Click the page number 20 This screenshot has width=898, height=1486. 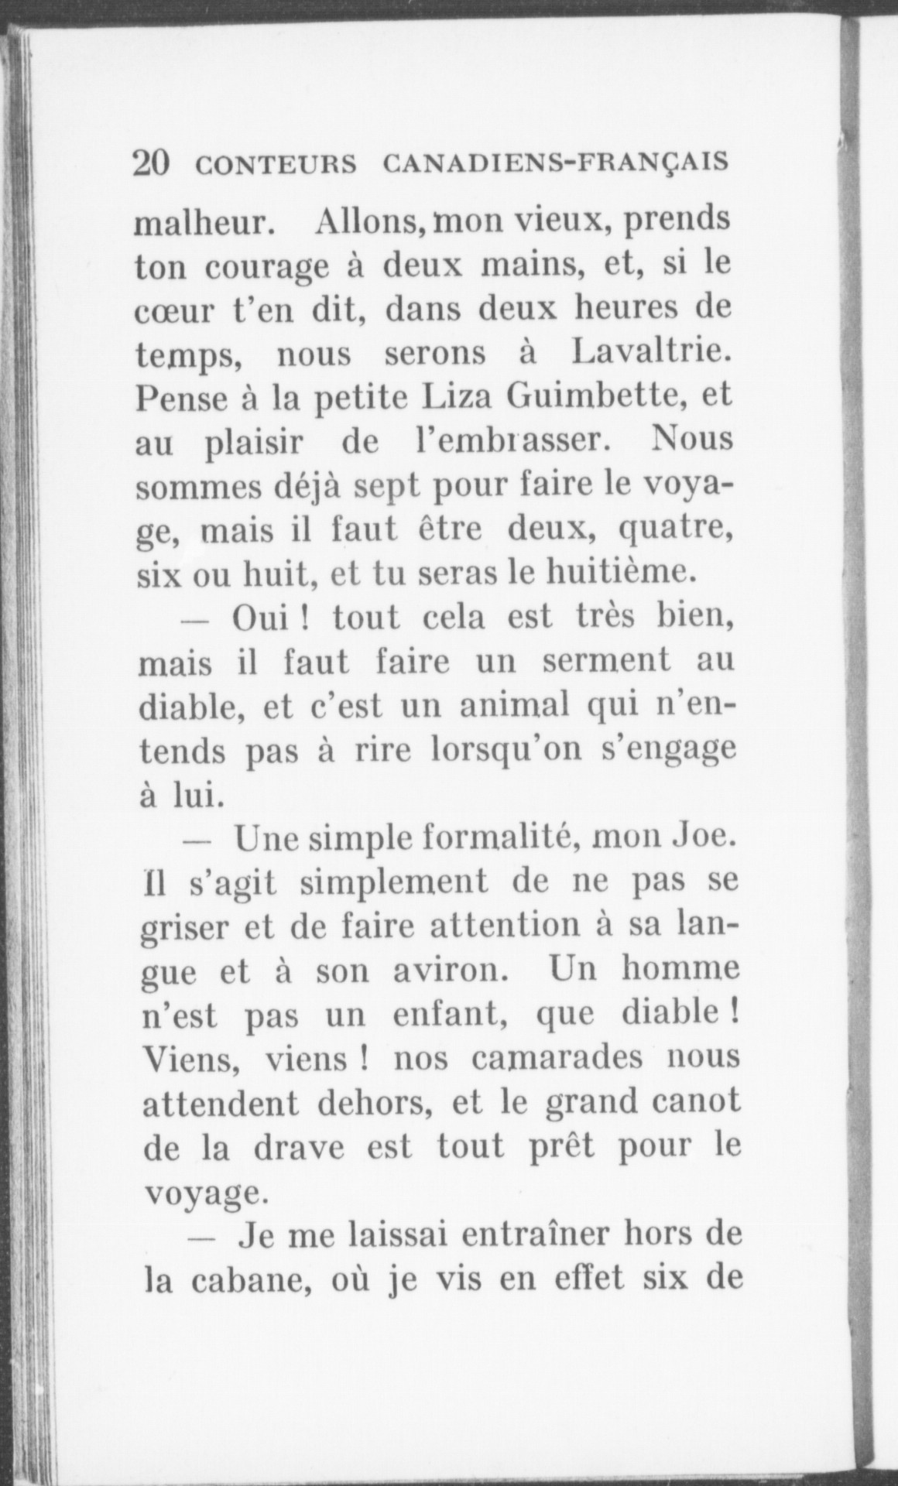point(152,164)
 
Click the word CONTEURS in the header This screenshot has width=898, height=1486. point(276,166)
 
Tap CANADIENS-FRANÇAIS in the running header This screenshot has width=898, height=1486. point(556,164)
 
